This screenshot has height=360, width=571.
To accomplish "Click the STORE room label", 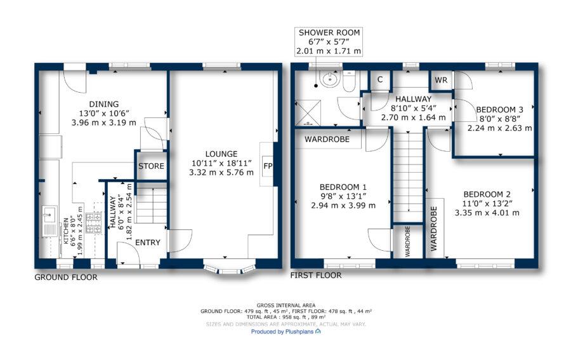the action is (151, 166).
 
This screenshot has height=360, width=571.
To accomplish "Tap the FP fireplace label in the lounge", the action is (268, 166).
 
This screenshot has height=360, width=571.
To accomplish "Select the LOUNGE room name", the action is (221, 154).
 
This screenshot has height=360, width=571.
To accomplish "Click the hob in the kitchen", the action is (94, 223).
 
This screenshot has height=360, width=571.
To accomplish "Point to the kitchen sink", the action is (49, 221).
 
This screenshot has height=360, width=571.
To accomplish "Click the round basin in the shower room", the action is (330, 79).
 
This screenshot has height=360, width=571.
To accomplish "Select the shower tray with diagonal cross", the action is (308, 113).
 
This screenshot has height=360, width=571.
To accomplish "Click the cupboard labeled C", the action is (380, 80).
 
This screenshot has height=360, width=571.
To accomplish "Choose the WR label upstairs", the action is (441, 80).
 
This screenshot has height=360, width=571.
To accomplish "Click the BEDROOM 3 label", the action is (500, 110).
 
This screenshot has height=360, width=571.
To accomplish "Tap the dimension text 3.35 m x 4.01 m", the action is (487, 213).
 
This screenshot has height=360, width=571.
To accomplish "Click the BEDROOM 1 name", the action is (343, 187).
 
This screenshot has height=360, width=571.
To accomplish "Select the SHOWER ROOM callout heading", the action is (329, 33).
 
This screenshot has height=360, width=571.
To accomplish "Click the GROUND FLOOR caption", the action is (66, 277).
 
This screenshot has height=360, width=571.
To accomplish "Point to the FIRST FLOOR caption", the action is (316, 276).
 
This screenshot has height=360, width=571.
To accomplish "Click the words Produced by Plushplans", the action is (282, 332).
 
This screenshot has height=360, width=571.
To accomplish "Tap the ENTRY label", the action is (147, 243).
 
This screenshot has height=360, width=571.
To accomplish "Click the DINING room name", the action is (104, 104).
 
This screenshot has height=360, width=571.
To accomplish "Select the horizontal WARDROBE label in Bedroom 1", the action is (327, 139).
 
